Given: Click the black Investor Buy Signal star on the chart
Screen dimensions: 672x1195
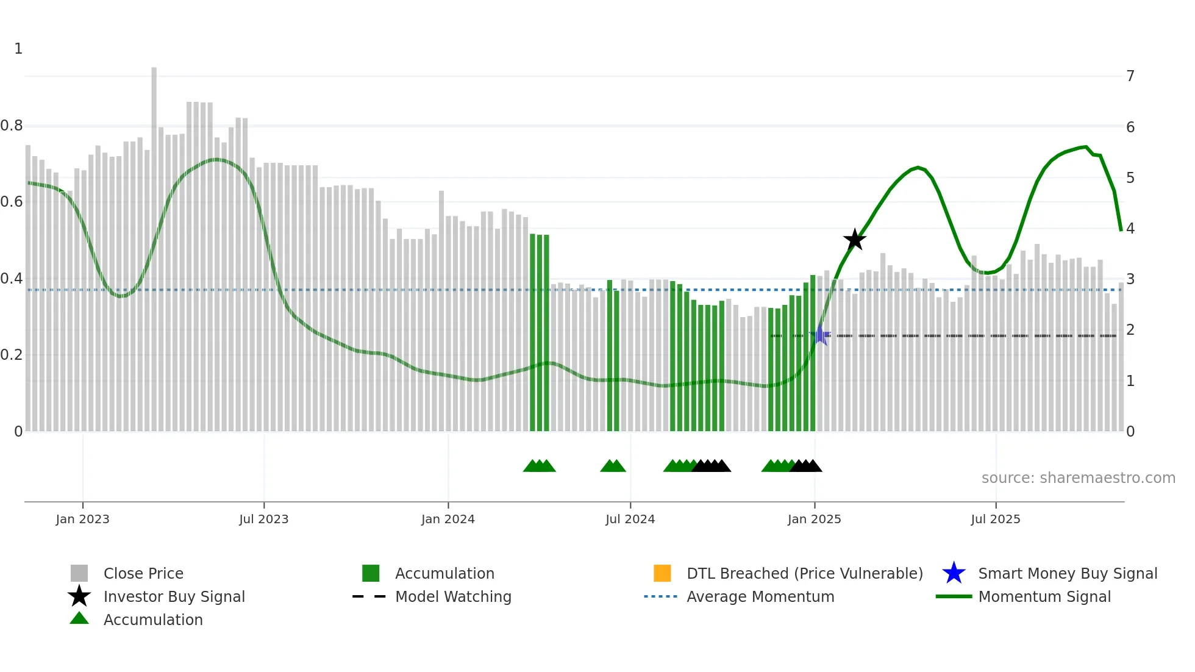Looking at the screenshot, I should [x=855, y=240].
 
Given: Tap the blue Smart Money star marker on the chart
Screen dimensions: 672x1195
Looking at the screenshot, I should [x=821, y=335].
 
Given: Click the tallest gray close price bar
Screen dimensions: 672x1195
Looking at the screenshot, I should [x=154, y=244].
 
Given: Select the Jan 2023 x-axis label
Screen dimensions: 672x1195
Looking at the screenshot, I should [x=82, y=519].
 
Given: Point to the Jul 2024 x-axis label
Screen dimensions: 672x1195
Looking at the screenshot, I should [x=630, y=519].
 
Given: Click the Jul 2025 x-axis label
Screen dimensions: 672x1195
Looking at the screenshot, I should [x=995, y=519].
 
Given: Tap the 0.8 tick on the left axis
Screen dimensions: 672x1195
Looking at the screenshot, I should [x=12, y=126].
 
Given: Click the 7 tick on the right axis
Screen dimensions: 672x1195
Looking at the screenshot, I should [x=1130, y=76].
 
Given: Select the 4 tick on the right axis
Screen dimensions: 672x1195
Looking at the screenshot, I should [x=1130, y=228].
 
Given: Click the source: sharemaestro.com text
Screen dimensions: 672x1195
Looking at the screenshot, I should [x=1078, y=477].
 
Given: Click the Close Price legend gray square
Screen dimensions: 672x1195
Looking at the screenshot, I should [x=79, y=573].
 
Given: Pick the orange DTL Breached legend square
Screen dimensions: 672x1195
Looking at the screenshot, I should [x=662, y=573].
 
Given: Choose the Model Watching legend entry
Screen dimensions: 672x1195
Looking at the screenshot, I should [x=452, y=596].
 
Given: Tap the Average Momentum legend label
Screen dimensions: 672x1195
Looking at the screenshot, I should [x=760, y=596].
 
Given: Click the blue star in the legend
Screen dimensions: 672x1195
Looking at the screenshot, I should [x=954, y=573].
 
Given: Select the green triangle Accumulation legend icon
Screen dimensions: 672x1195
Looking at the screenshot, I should [x=79, y=618].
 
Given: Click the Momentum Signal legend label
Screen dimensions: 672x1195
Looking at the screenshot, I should [x=1044, y=596].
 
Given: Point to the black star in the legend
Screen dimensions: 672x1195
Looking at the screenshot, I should [x=79, y=596].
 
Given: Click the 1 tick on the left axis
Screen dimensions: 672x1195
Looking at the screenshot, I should [x=18, y=49].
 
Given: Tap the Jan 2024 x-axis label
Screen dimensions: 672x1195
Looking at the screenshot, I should [x=448, y=519].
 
